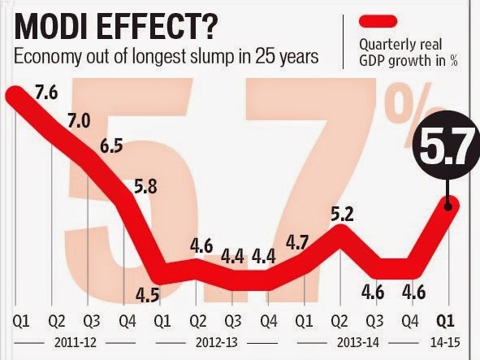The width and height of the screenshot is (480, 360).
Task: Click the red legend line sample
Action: [378, 22]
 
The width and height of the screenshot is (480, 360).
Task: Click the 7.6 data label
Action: [46, 91]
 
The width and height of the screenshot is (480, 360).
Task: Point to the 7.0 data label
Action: [79, 119]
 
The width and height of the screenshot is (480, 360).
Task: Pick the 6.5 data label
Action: [112, 145]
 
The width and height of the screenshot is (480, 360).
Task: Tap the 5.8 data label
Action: [145, 185]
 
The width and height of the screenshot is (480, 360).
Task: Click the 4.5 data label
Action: [148, 295]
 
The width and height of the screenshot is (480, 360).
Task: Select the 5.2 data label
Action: [342, 214]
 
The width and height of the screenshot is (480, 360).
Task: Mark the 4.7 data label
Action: [297, 243]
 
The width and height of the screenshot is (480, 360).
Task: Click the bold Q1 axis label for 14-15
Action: [445, 321]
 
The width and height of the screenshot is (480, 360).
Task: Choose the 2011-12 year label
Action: [76, 342]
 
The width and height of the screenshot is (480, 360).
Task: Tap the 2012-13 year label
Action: [217, 342]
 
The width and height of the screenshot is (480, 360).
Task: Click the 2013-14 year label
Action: [358, 342]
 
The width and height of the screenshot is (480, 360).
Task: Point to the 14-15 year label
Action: [445, 342]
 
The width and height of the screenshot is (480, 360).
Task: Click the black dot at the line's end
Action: [448, 206]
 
